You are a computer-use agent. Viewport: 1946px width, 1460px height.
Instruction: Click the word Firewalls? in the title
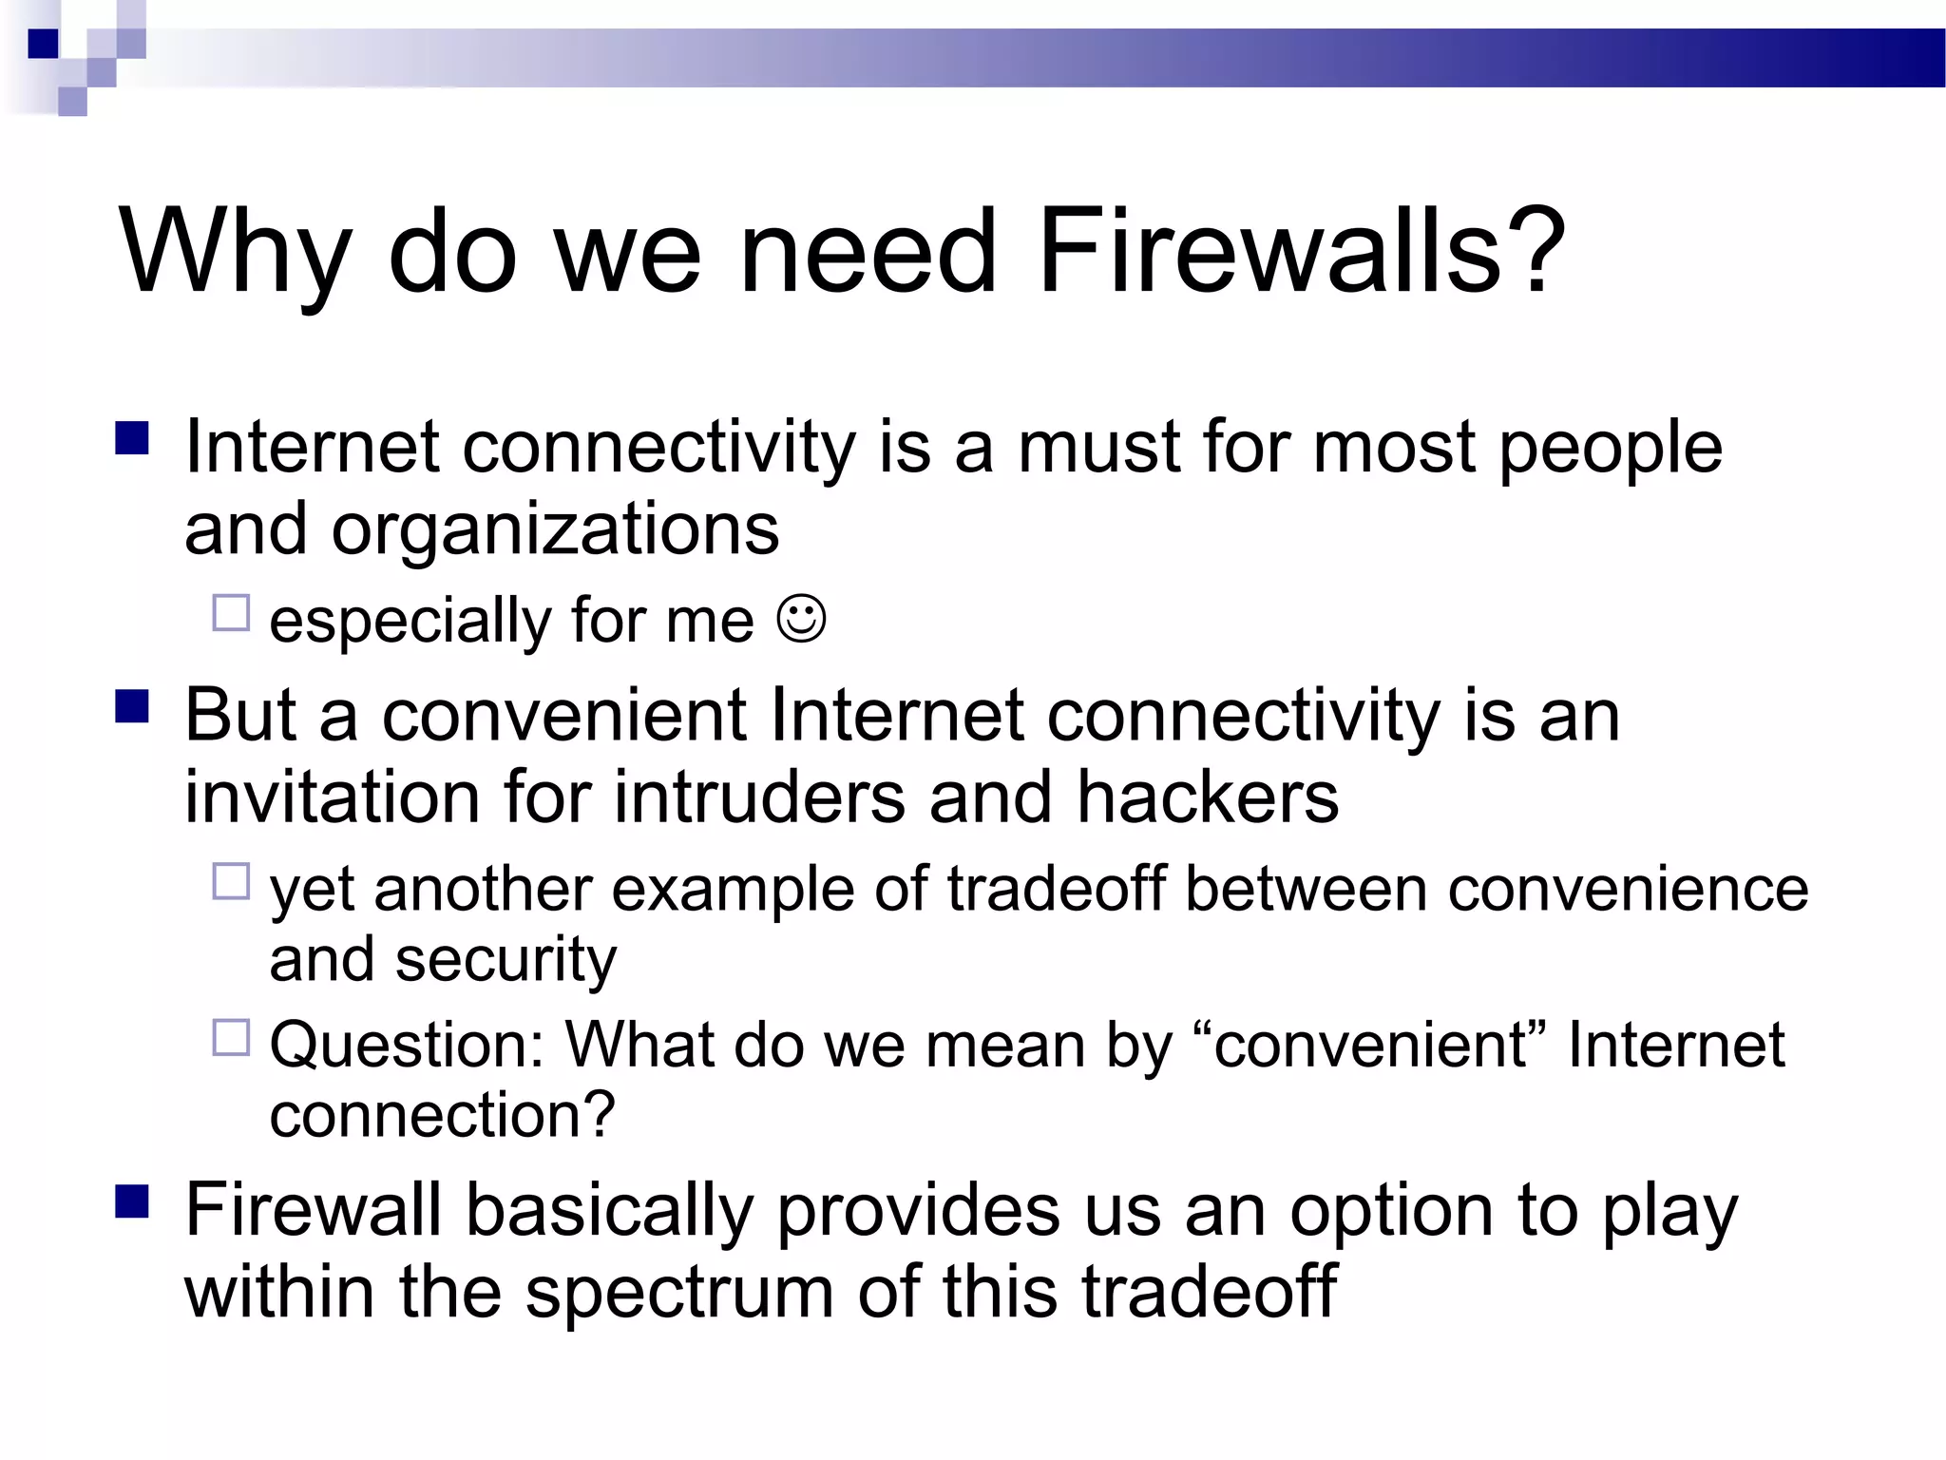1301,252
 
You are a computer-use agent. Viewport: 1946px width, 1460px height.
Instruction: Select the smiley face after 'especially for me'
802,619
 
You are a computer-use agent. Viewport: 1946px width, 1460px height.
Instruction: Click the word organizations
555,530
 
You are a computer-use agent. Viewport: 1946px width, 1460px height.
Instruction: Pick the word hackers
1208,797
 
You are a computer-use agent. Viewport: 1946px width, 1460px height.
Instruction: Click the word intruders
759,797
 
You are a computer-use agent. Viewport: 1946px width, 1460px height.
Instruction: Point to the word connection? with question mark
443,1115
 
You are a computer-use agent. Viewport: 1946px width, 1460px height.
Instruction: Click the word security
506,961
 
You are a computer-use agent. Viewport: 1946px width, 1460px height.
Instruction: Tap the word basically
610,1212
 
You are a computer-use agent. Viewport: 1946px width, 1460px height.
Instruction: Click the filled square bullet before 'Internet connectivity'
132,439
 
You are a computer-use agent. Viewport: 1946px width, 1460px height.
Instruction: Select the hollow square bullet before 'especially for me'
231,613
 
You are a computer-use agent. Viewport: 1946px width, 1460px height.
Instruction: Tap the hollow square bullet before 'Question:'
231,1037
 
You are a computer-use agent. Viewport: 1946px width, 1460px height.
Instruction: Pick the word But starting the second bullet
240,716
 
